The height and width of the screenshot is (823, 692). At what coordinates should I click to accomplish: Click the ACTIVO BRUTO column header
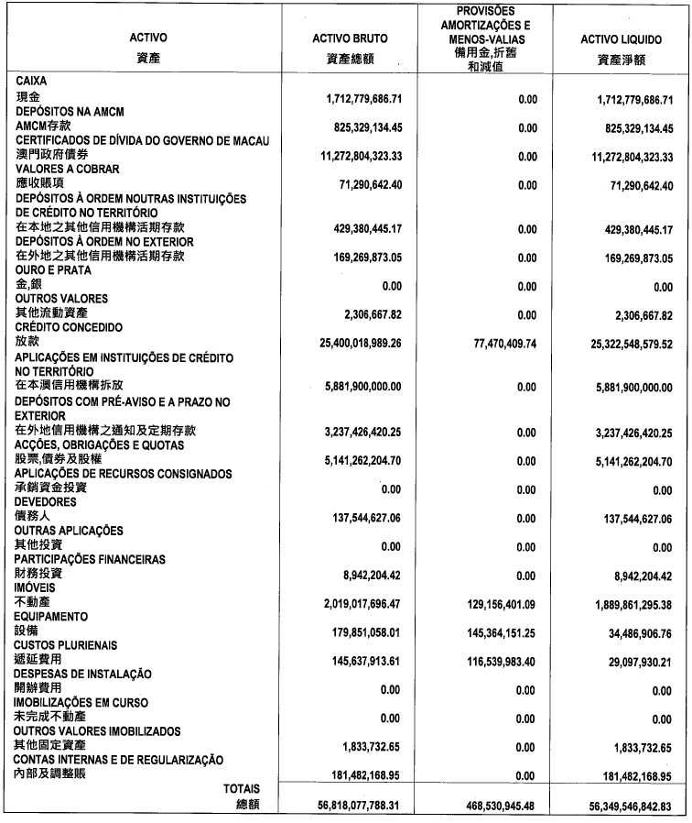point(350,38)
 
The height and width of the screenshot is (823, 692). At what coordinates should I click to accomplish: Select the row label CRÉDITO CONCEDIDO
point(69,327)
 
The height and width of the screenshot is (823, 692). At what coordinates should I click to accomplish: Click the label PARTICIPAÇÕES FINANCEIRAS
point(90,558)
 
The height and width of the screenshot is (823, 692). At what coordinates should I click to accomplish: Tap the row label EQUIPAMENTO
point(52,616)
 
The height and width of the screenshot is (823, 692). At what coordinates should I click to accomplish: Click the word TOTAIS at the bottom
point(242,788)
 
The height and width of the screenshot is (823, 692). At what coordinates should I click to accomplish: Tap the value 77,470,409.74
point(493,342)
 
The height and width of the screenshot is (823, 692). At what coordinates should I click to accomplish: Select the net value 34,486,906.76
point(630,632)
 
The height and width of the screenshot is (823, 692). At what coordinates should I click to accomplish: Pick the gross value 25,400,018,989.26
point(351,342)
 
